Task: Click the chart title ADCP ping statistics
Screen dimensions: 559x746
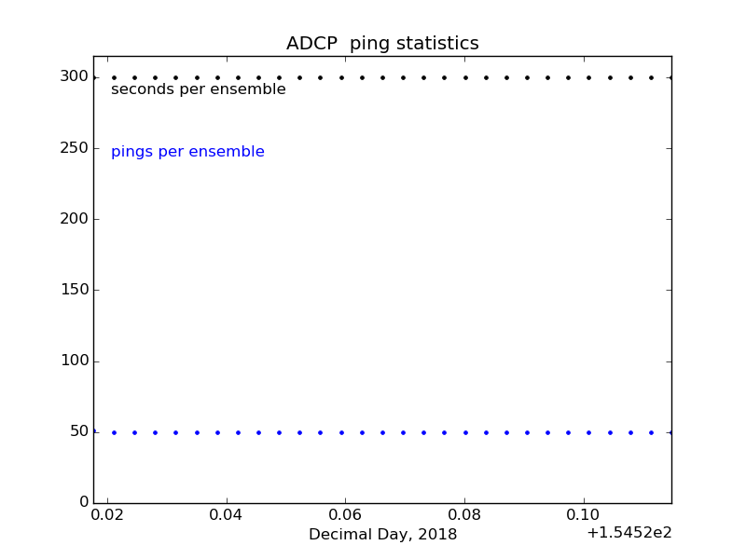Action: pos(382,44)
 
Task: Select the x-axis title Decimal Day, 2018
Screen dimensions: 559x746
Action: pos(382,535)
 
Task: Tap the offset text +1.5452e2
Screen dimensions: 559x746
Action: pos(629,533)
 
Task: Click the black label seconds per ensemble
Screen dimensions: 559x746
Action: pos(199,89)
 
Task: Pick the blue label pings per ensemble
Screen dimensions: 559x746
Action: pos(187,152)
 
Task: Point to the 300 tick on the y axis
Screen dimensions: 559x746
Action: pos(75,76)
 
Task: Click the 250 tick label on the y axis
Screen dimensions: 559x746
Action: pos(75,148)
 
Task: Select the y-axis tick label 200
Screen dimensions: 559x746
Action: pos(75,219)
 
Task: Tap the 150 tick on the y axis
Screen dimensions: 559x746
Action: pos(75,290)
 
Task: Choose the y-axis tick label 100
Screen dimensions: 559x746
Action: pos(75,361)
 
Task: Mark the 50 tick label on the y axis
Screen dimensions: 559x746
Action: pos(79,431)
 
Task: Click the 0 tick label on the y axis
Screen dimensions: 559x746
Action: pos(84,502)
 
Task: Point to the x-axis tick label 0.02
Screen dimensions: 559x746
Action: pos(107,515)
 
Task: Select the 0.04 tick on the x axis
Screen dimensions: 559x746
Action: pos(227,515)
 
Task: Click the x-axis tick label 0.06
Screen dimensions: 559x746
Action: pos(345,515)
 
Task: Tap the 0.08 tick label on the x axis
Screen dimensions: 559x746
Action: pos(464,515)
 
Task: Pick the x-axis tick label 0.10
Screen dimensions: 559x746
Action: pos(584,515)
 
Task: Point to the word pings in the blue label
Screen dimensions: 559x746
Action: pos(131,152)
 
